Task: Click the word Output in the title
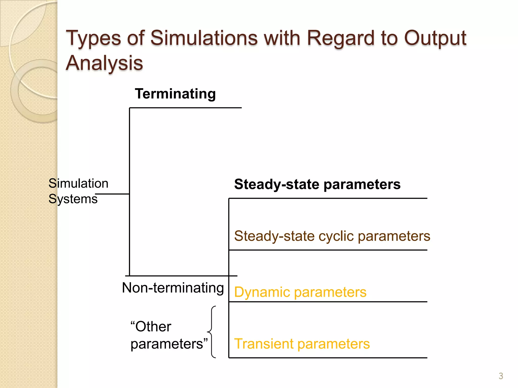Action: [435, 38]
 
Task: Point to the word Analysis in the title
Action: [104, 63]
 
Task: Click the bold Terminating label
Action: [175, 94]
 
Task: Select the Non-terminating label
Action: [173, 288]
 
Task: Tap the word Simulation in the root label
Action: [78, 183]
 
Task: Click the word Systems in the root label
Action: [73, 199]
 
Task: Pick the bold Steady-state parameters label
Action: [317, 184]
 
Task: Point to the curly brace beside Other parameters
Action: [212, 332]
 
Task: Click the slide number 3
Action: [501, 376]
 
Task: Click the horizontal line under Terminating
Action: [185, 108]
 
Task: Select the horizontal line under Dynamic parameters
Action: [328, 302]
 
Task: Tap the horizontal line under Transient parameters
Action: [328, 358]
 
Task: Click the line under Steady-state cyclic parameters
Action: [328, 250]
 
